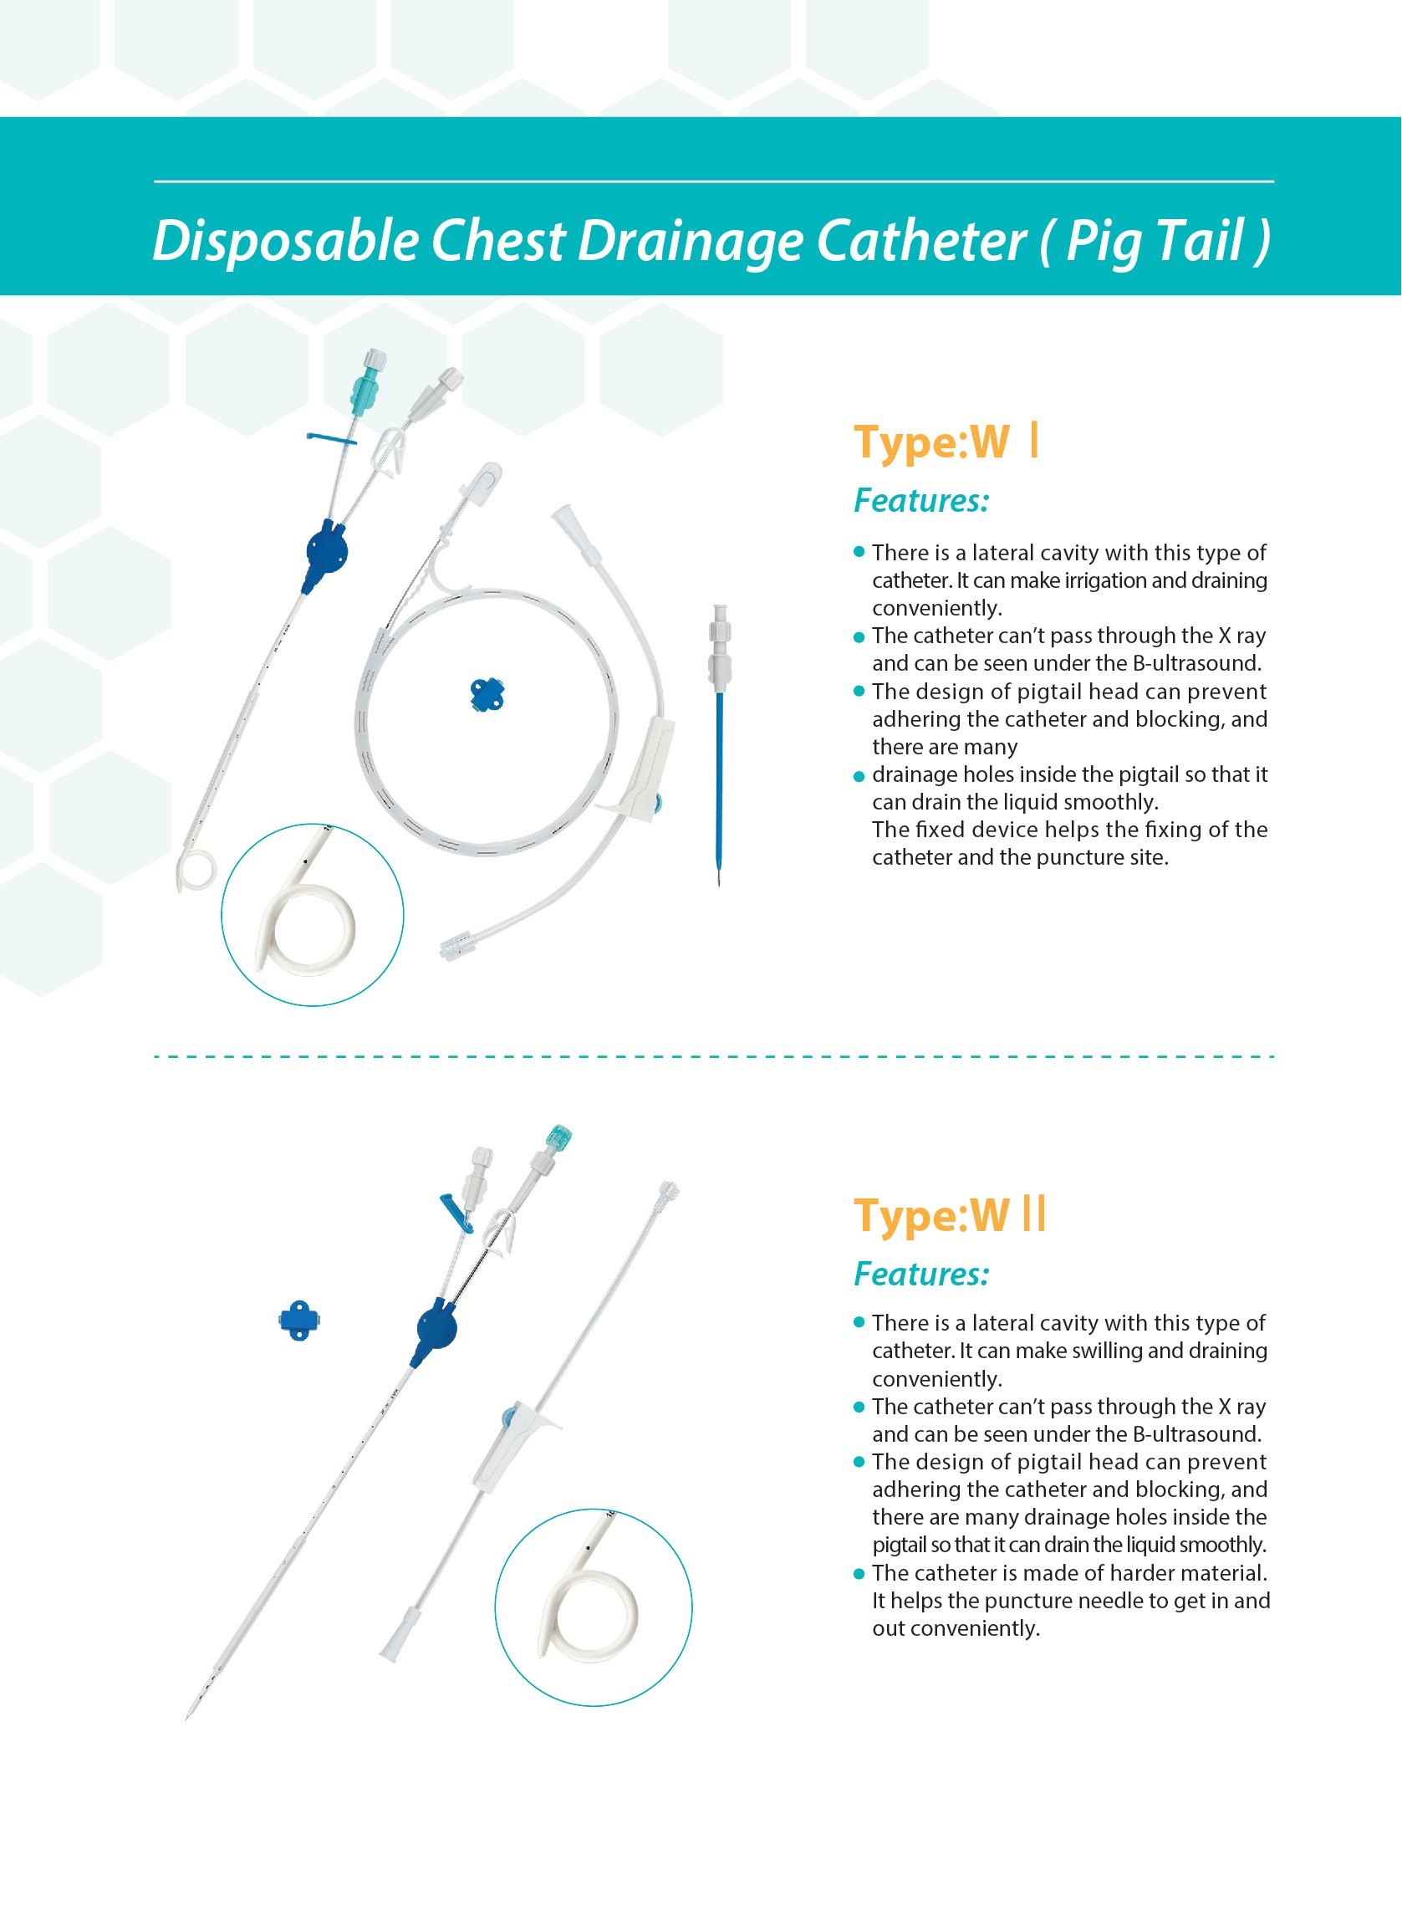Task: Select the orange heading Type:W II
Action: (x=950, y=1215)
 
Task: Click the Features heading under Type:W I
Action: (x=920, y=501)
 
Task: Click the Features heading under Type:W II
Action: (x=920, y=1274)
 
